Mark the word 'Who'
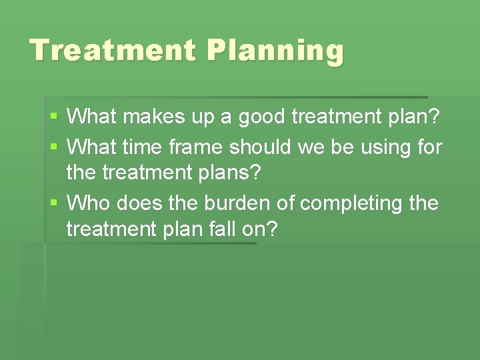pos(89,202)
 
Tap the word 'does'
pos(138,202)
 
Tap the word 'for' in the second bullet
pos(427,146)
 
